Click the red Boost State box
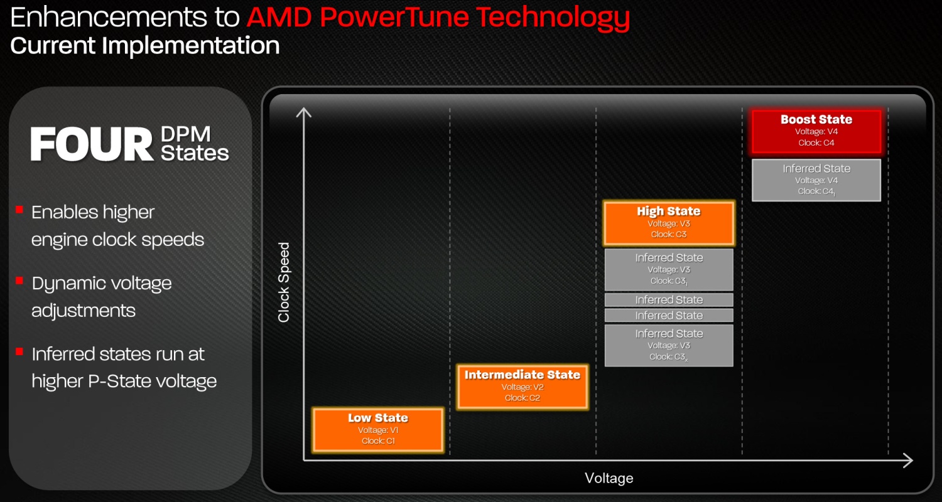coord(816,131)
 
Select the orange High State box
coord(669,223)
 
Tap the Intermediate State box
coord(522,387)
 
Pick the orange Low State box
coord(377,429)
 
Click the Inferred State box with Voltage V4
coord(816,180)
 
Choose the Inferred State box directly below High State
coord(669,269)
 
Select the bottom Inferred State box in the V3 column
coord(669,345)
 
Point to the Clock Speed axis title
coord(284,282)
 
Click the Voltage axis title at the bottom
coord(609,478)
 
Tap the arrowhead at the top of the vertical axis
coord(303,112)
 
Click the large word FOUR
coord(92,144)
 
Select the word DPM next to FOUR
coord(185,134)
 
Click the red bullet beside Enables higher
coord(19,210)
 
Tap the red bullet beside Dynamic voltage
coord(19,280)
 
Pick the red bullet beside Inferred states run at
coord(19,351)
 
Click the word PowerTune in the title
coord(394,17)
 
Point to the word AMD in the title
coord(279,17)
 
